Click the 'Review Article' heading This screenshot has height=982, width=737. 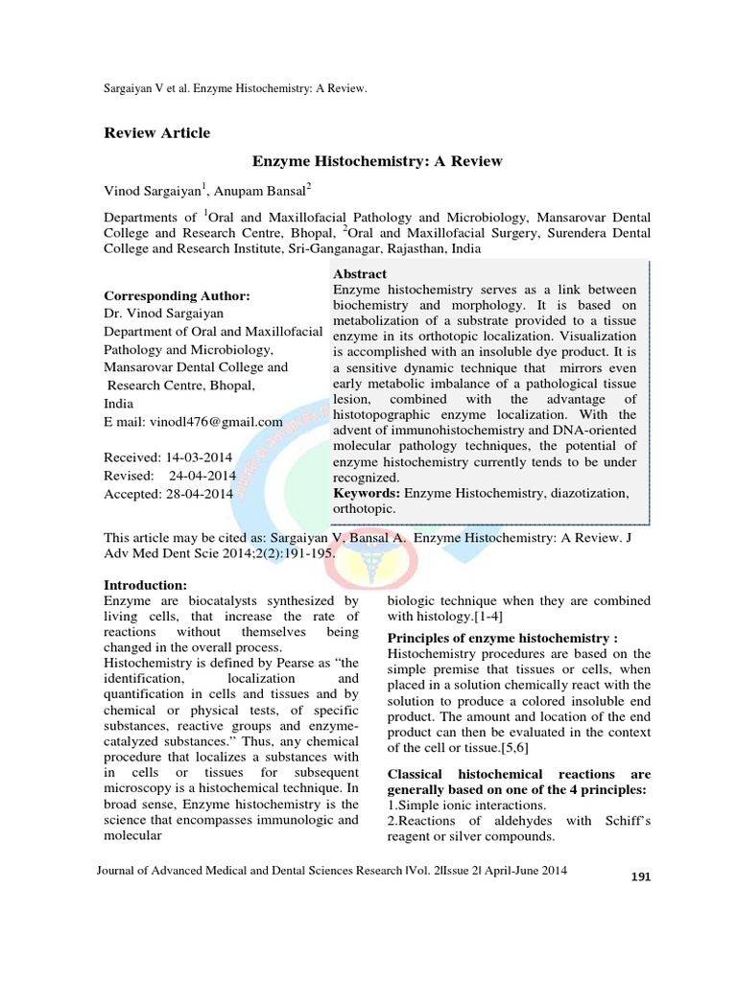(x=156, y=132)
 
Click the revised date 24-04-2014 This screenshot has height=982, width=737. (x=203, y=477)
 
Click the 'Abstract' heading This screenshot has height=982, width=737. (x=360, y=272)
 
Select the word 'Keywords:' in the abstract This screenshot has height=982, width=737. (x=367, y=492)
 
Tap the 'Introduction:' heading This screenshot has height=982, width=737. (x=146, y=585)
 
